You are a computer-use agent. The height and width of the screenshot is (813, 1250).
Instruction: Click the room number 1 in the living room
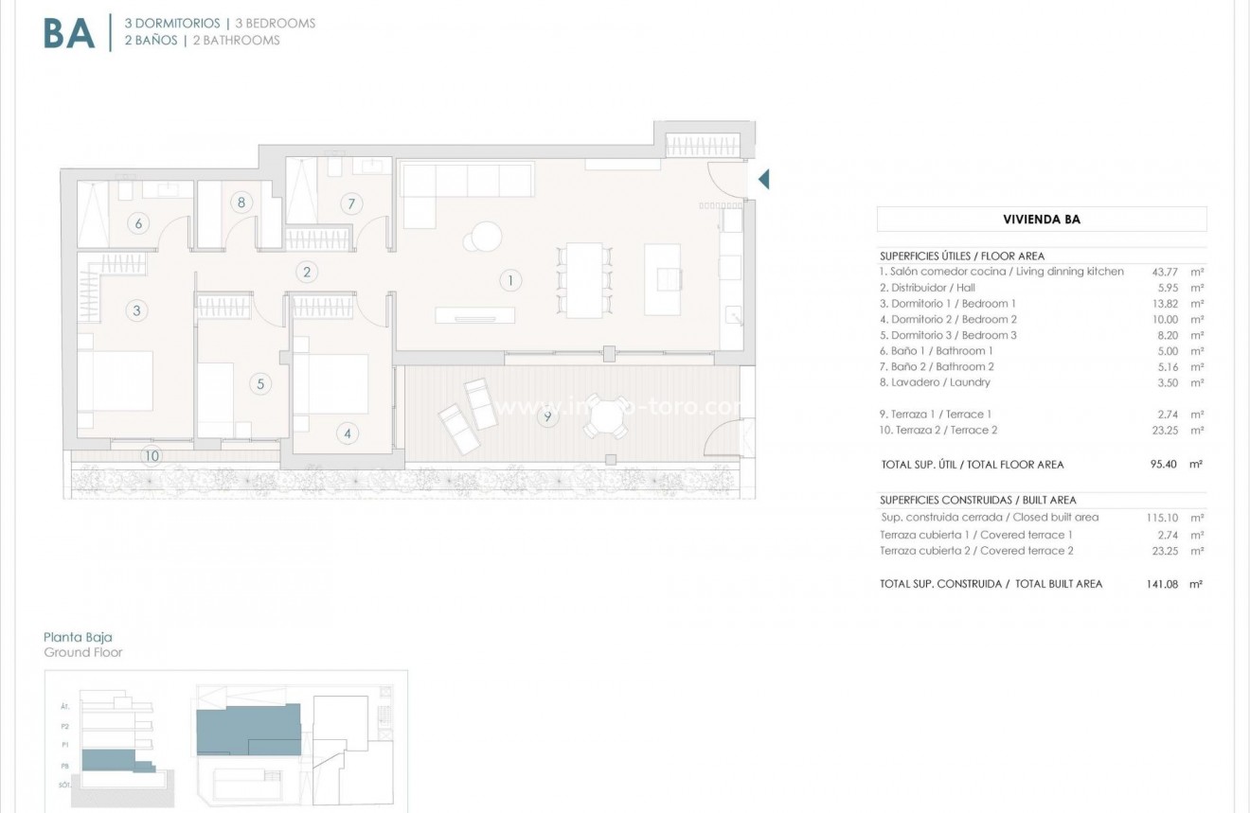click(x=509, y=280)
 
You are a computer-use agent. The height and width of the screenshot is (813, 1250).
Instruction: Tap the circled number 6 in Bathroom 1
click(x=138, y=223)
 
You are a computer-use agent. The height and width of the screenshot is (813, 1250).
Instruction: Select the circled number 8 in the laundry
click(x=241, y=202)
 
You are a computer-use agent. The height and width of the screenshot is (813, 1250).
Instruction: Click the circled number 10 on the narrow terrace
click(x=151, y=456)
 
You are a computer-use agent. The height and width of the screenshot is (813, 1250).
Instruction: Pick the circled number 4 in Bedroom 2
click(x=348, y=433)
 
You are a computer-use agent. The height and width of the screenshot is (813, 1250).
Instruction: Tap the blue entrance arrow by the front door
click(x=763, y=179)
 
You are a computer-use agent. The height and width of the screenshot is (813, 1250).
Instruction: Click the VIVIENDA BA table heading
click(x=1042, y=220)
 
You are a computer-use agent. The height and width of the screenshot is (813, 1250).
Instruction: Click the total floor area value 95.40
click(x=1159, y=465)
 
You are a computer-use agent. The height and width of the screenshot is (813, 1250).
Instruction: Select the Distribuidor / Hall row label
click(x=927, y=288)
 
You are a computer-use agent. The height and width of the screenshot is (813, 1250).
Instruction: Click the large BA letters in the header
click(x=69, y=33)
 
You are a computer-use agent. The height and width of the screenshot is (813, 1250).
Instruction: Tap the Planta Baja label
click(x=78, y=638)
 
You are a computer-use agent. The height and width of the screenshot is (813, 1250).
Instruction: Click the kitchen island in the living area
click(x=662, y=278)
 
